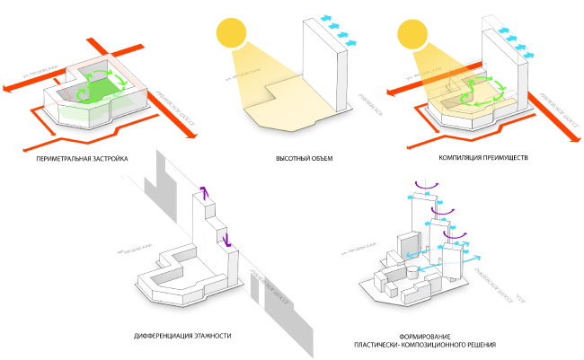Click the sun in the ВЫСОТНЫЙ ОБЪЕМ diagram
pyautogui.click(x=231, y=35)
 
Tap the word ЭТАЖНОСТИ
pyautogui.click(x=212, y=335)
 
